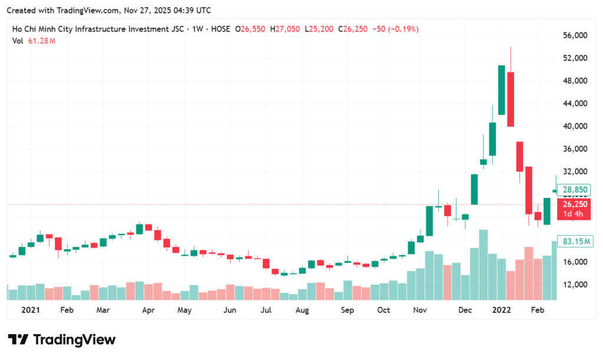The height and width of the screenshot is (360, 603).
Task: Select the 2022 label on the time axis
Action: pyautogui.click(x=502, y=309)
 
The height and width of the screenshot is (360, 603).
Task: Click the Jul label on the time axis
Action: pyautogui.click(x=266, y=309)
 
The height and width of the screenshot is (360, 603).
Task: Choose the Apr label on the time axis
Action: pyautogui.click(x=148, y=309)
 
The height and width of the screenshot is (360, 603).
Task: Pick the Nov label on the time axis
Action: pyautogui.click(x=420, y=309)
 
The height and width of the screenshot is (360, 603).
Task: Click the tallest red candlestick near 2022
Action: pyautogui.click(x=511, y=99)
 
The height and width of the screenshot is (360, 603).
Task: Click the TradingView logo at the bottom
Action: pyautogui.click(x=61, y=339)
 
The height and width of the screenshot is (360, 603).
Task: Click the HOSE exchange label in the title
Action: pyautogui.click(x=218, y=29)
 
